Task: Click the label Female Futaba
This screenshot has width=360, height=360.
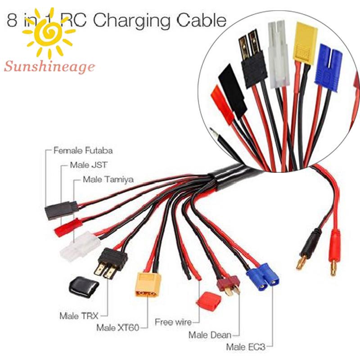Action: [83, 150]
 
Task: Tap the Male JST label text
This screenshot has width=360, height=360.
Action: [88, 165]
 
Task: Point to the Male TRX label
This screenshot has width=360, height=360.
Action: [78, 315]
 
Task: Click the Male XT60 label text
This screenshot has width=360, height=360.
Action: [117, 327]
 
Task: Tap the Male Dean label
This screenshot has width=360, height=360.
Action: [210, 334]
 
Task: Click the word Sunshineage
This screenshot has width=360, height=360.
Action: [49, 67]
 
